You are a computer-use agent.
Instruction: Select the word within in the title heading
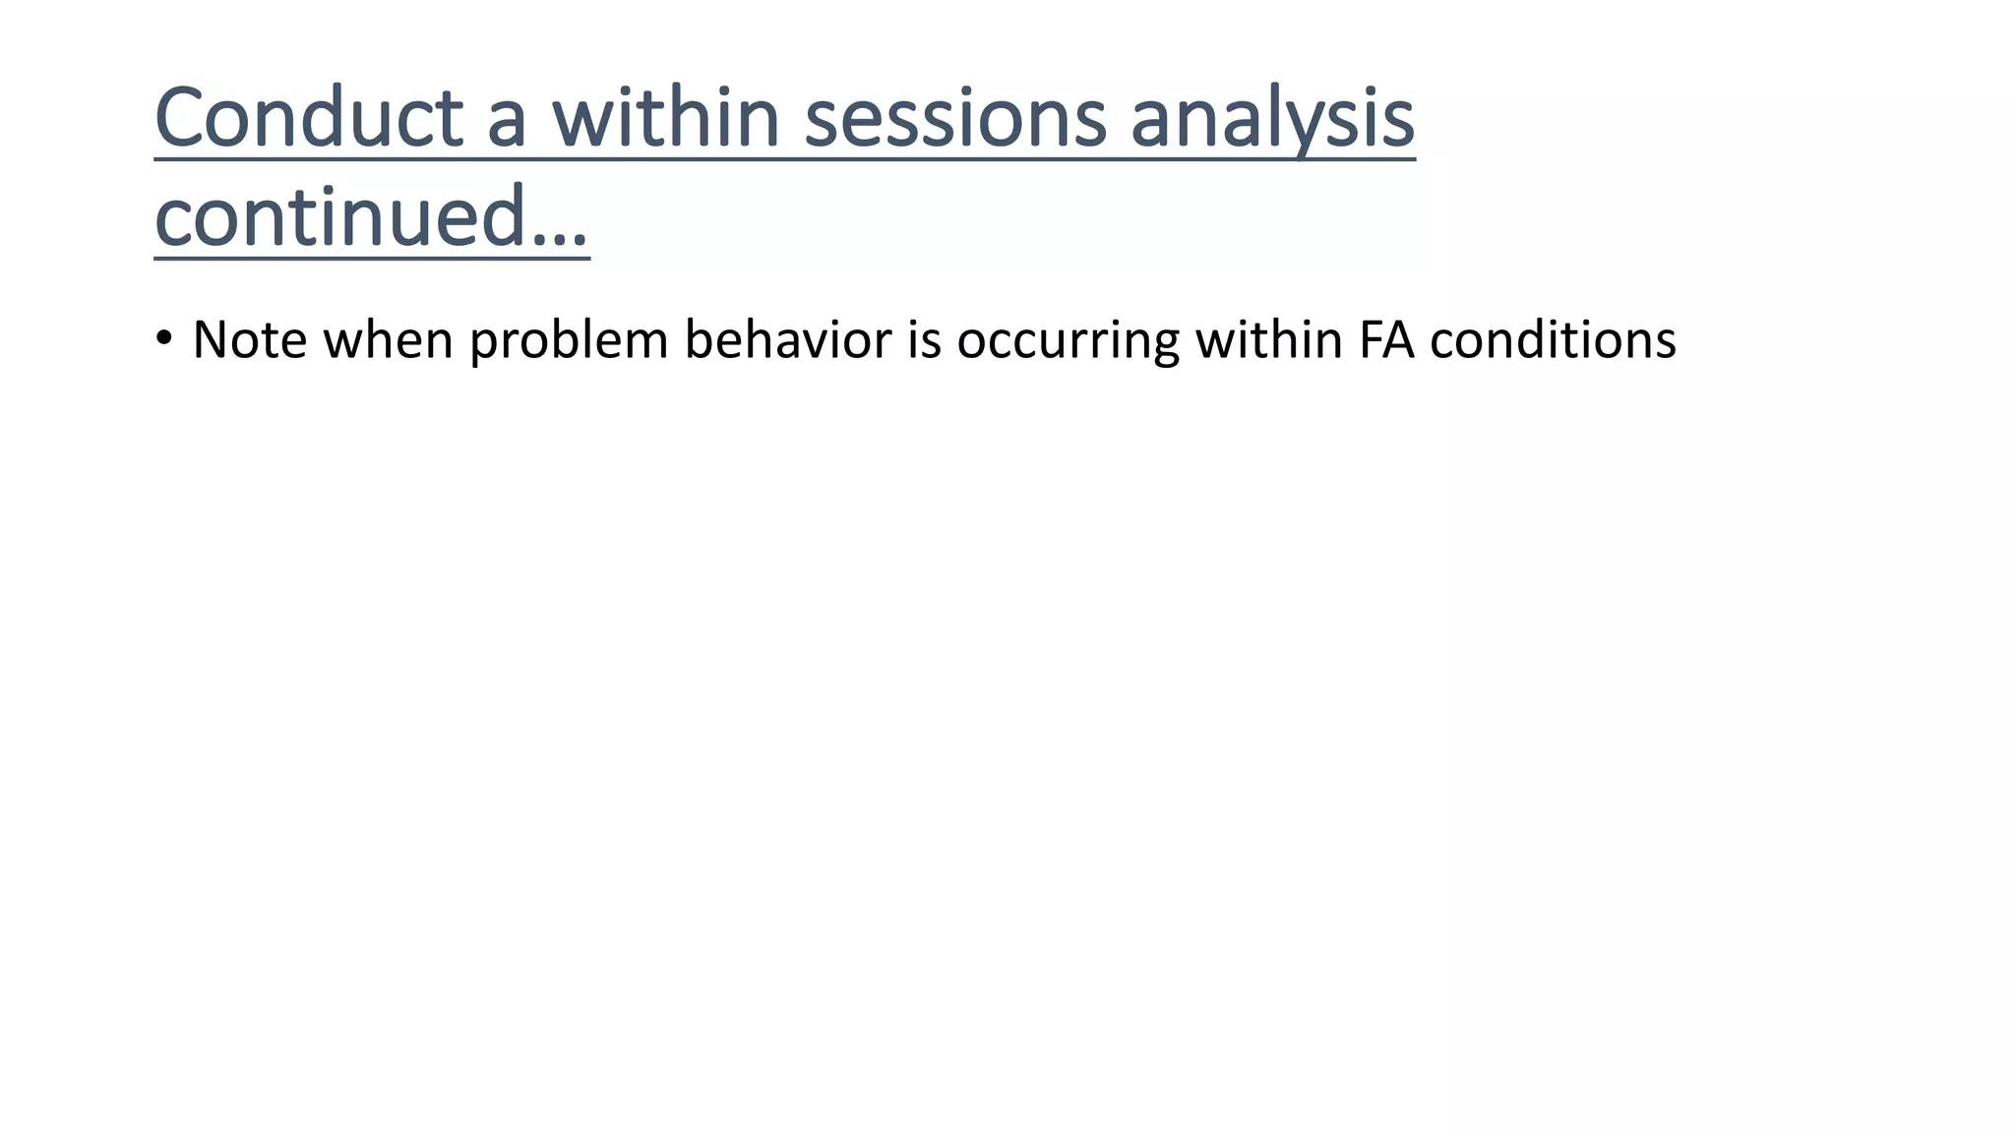[x=665, y=118]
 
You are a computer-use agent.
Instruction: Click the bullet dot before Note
[x=164, y=338]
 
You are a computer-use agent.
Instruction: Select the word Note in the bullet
[x=249, y=340]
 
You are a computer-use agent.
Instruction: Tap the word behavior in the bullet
[x=788, y=340]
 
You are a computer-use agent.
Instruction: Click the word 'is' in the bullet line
[x=925, y=340]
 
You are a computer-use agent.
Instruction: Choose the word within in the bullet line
[x=1269, y=340]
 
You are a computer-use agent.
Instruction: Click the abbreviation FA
[x=1386, y=340]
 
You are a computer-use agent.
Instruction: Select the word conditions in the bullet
[x=1553, y=340]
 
